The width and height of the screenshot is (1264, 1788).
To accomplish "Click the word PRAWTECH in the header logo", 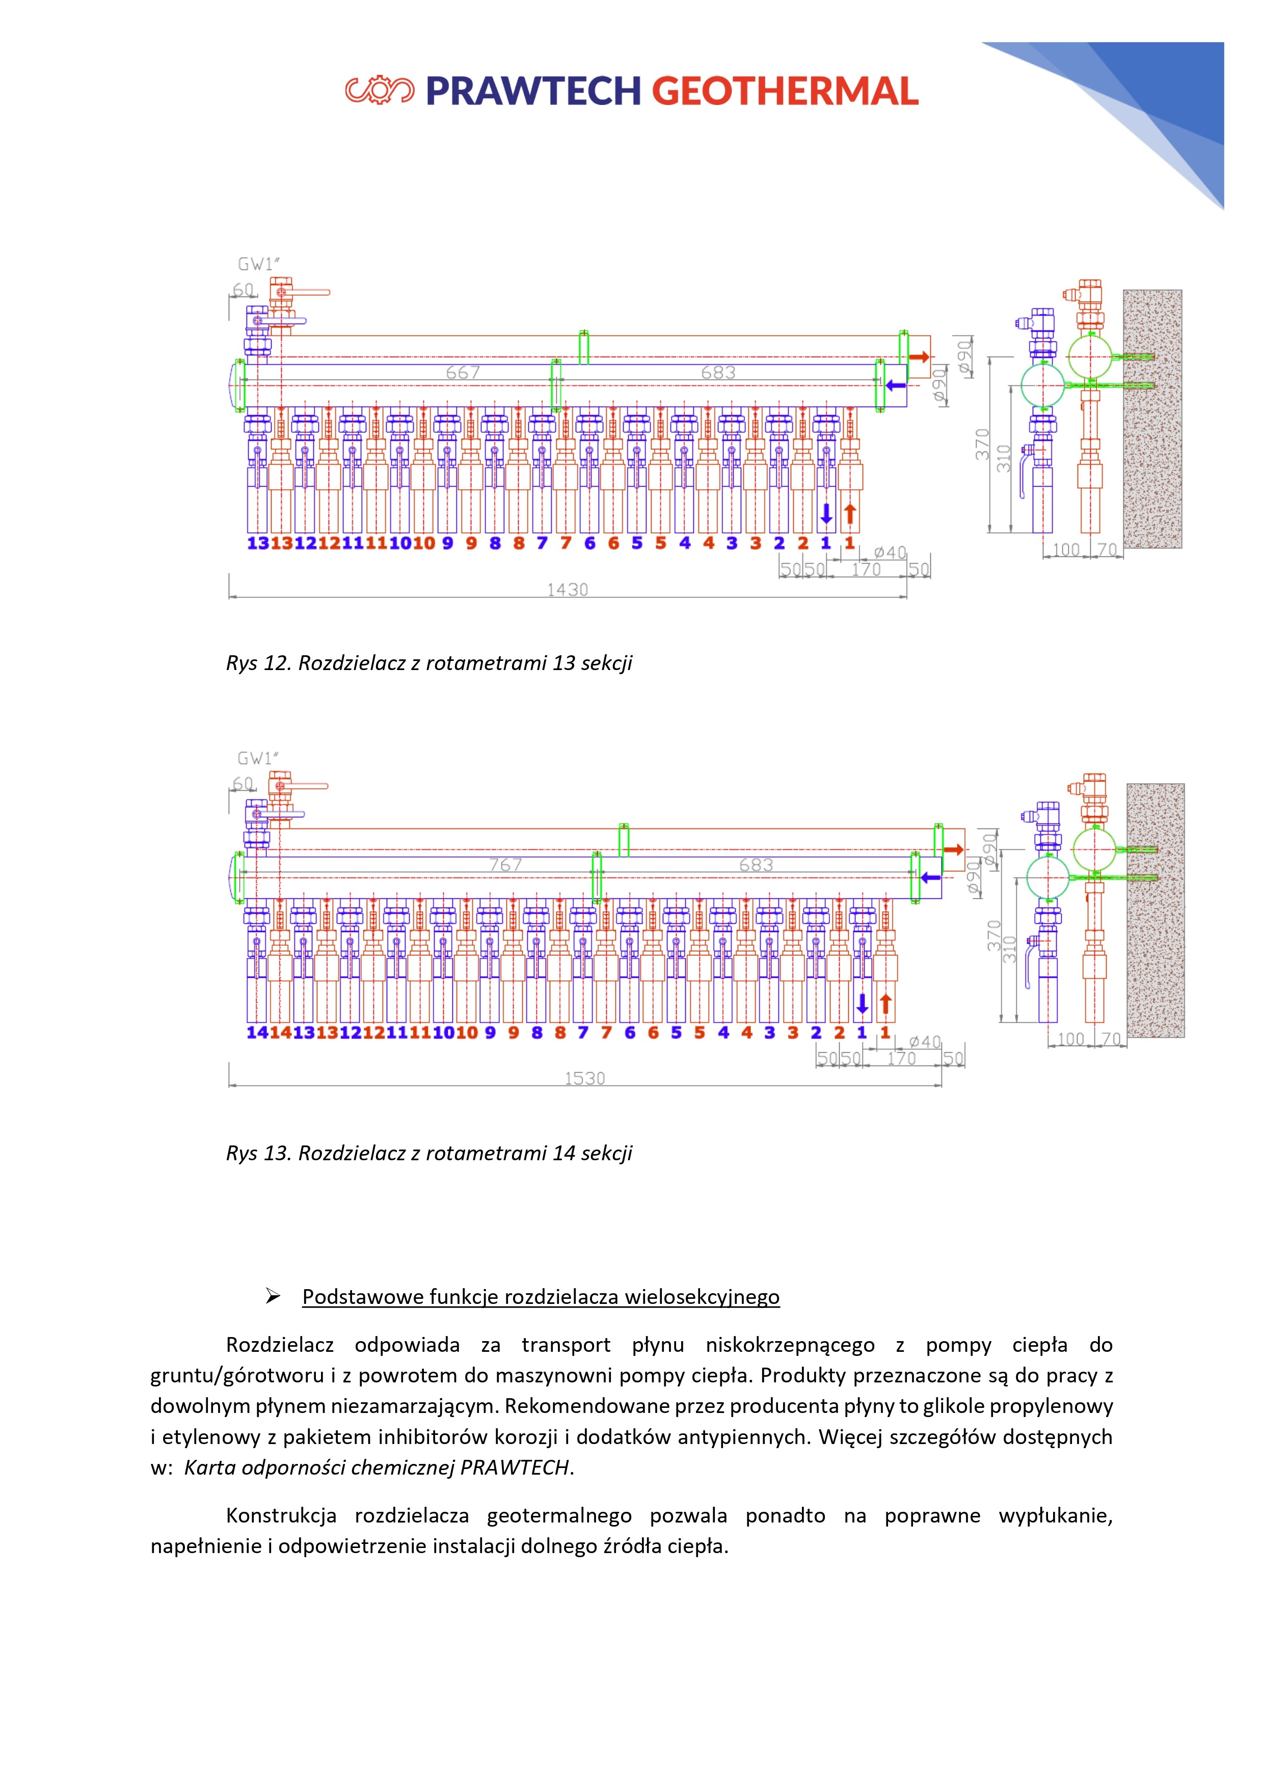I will point(533,91).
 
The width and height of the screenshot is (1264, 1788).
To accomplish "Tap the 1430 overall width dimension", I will point(567,590).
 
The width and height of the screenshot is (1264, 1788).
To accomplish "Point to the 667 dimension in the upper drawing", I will point(463,373).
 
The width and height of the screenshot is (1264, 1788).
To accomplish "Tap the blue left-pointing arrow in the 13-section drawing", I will point(896,385).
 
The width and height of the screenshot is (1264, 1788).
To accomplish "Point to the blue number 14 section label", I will point(257,1033).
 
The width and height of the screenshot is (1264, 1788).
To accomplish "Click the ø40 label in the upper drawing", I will point(890,552).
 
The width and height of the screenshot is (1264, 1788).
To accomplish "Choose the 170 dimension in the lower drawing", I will point(901,1058).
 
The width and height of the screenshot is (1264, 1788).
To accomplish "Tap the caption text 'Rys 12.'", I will point(257,663).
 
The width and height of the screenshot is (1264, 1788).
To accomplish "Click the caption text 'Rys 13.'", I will point(257,1153).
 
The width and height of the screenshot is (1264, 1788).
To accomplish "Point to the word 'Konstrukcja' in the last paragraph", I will point(280,1516).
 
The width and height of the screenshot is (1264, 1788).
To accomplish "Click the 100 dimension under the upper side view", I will point(1066,550).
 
